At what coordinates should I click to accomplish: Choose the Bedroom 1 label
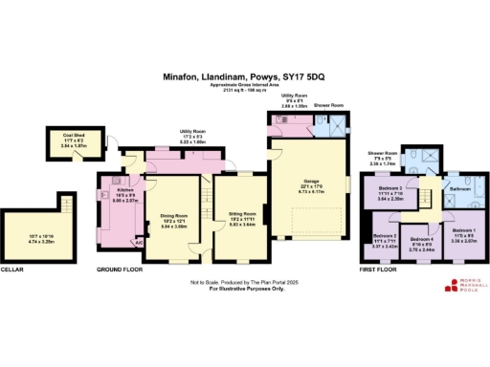(462, 230)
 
